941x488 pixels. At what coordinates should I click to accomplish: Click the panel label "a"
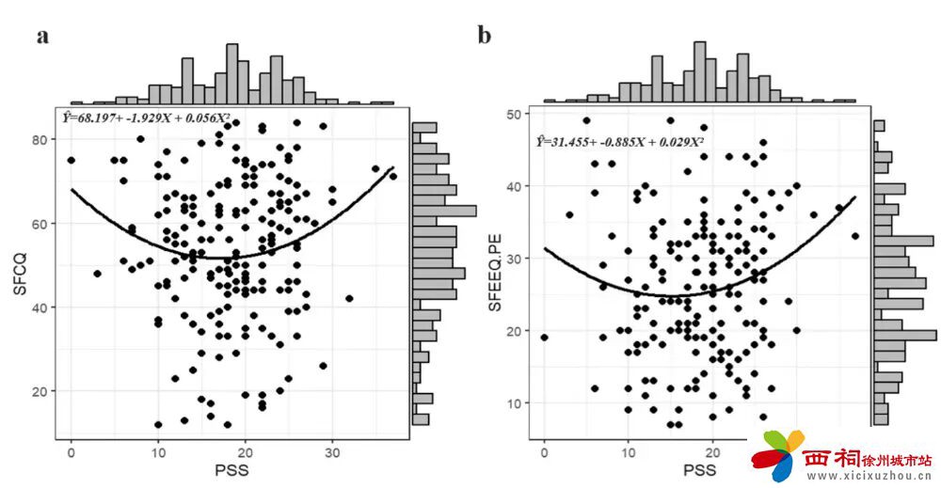tap(42, 37)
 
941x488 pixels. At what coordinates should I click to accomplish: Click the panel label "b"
tap(485, 37)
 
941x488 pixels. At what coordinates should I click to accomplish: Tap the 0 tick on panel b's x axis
tap(544, 450)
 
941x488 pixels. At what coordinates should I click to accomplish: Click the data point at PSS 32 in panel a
tap(349, 299)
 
